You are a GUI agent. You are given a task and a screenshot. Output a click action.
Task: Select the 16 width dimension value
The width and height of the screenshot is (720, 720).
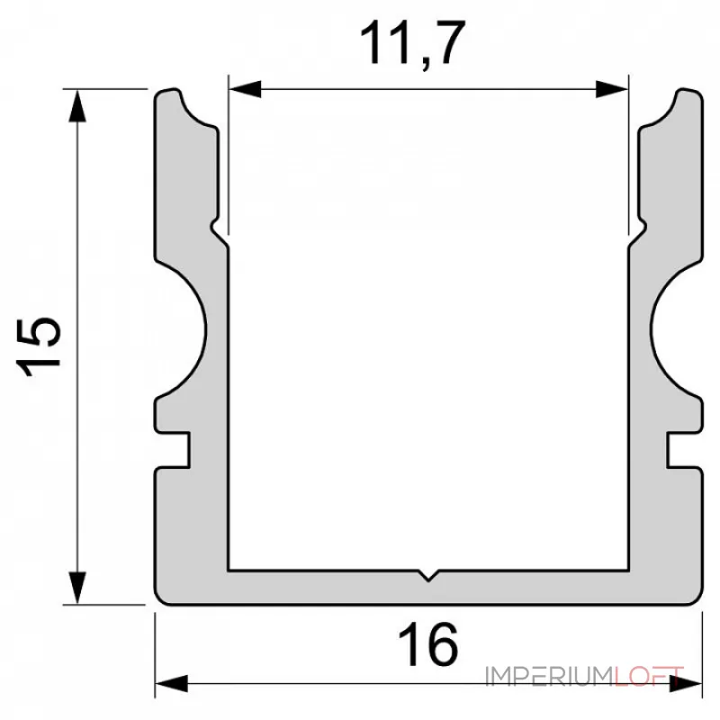click(428, 644)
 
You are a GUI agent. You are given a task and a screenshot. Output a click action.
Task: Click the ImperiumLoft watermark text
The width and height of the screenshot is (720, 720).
click(585, 676)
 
